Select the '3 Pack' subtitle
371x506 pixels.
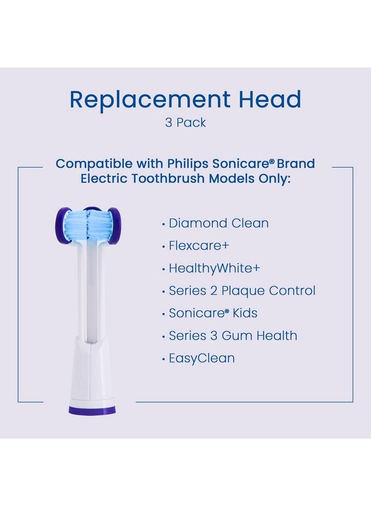(185, 123)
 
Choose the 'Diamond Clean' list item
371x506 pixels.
(219, 223)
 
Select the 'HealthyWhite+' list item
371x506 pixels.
(214, 268)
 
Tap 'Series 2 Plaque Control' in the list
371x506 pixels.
(242, 291)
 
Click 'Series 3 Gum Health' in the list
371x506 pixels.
(233, 336)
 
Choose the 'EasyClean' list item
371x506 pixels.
(202, 358)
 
